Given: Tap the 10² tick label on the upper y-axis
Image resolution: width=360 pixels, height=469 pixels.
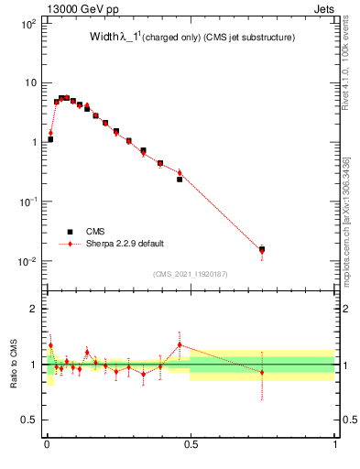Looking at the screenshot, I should click(x=27, y=23).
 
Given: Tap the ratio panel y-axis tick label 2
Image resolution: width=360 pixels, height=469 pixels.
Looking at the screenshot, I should click(x=33, y=310).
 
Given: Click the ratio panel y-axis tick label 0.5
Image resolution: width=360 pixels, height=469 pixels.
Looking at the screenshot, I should click(x=29, y=420).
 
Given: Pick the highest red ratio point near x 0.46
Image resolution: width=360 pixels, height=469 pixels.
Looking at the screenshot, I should click(x=180, y=344).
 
